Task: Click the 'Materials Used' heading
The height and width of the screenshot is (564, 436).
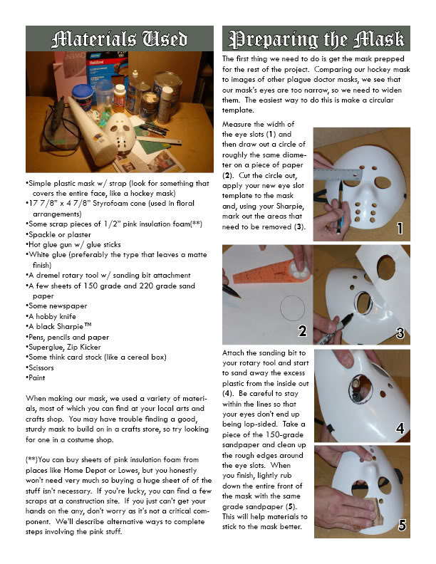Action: click(x=119, y=39)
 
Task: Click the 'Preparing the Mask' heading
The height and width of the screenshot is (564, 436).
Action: click(x=314, y=39)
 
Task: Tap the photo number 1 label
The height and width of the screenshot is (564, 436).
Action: click(x=400, y=228)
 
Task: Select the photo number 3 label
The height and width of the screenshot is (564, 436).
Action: click(x=400, y=332)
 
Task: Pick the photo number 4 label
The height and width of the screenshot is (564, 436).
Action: click(x=400, y=429)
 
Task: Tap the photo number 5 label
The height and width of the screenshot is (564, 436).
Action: click(x=400, y=526)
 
